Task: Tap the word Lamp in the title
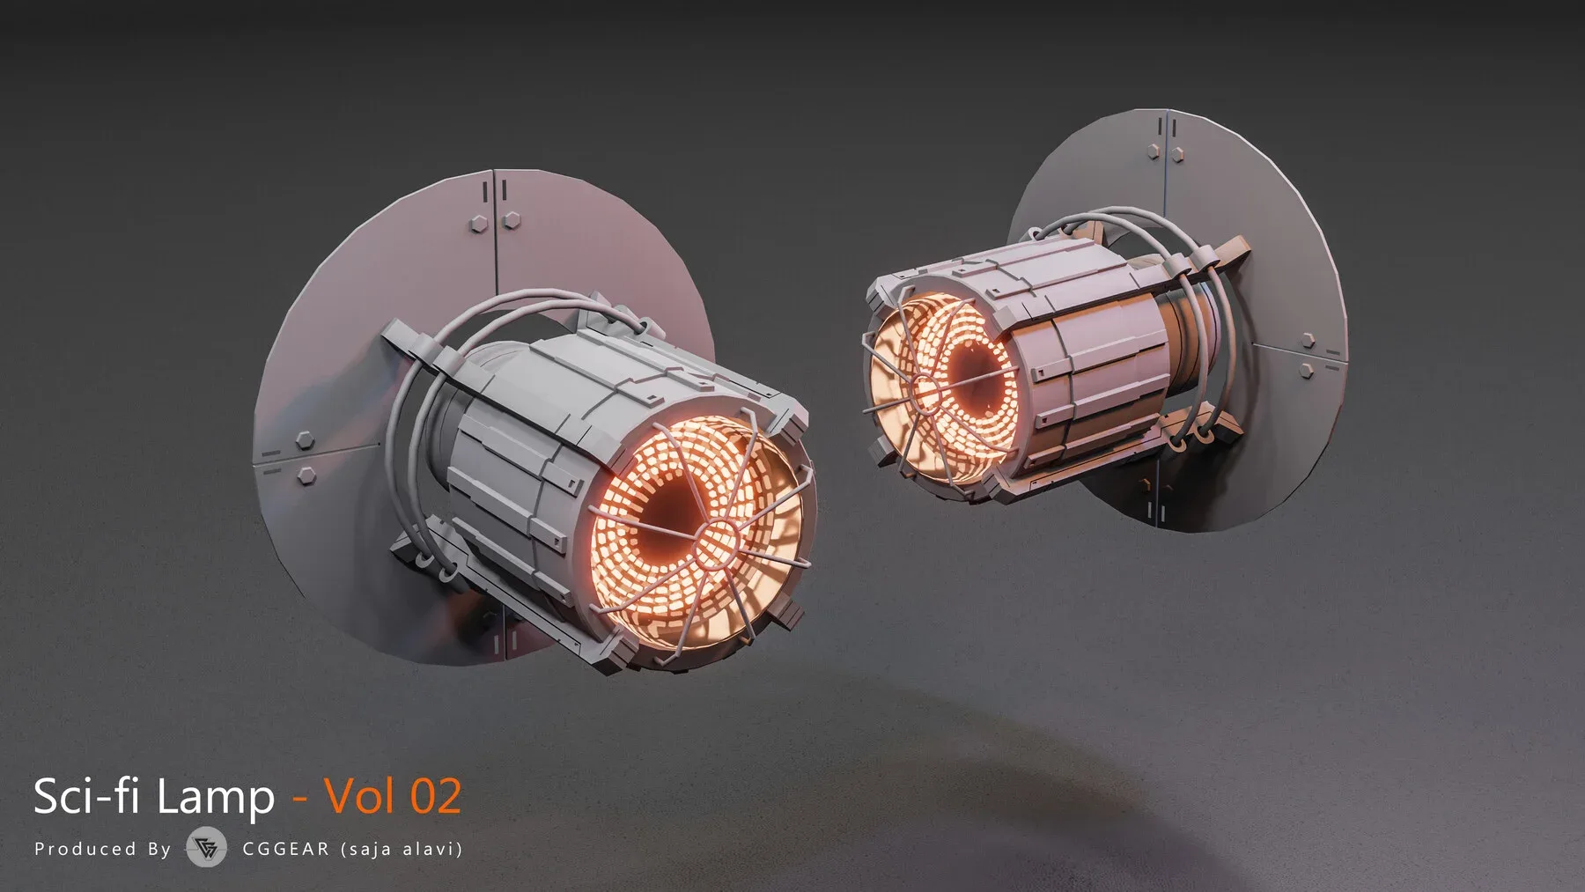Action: pos(213,796)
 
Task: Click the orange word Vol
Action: pos(360,796)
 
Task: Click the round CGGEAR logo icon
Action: pos(207,848)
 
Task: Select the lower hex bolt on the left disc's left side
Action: pos(307,475)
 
